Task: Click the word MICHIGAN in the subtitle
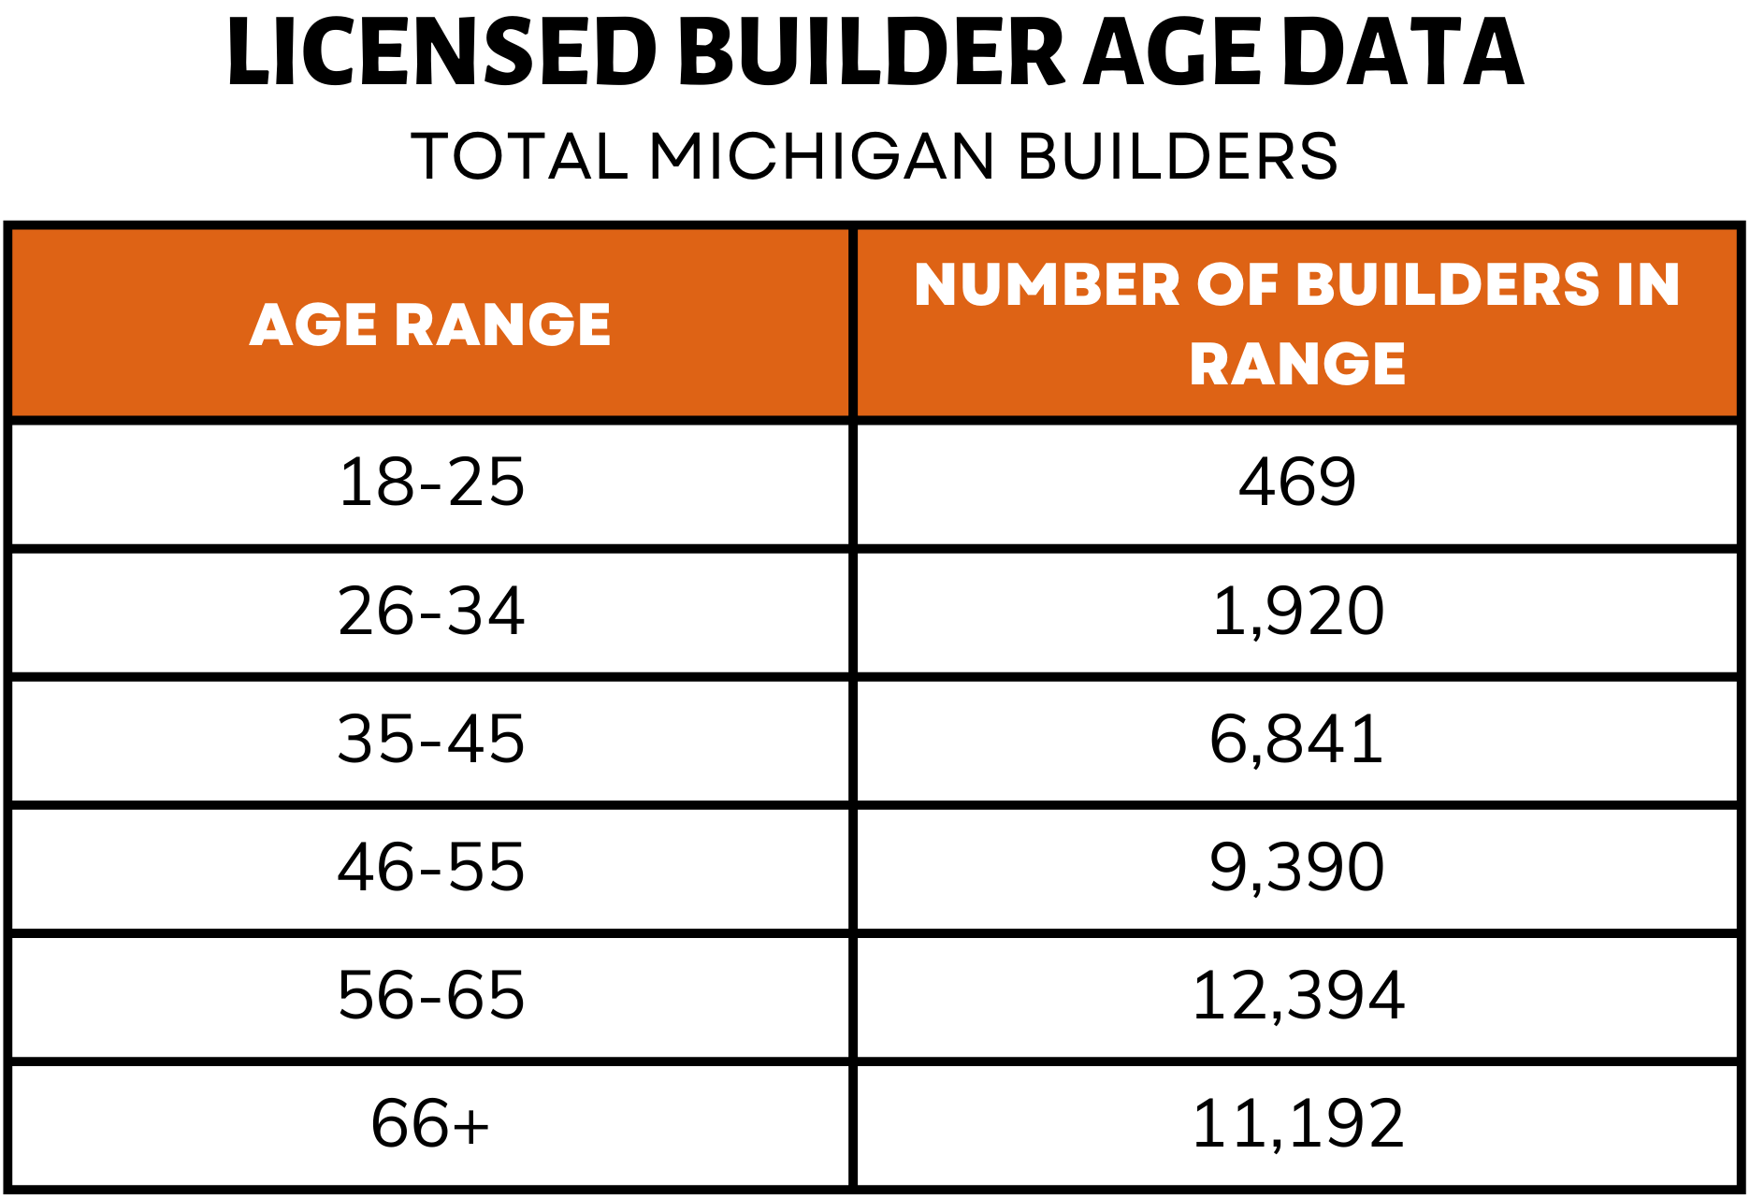coord(822,156)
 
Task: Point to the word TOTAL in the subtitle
coord(520,156)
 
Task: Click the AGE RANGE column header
coord(430,325)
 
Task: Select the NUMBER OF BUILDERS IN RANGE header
coord(1297,324)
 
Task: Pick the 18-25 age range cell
coord(431,484)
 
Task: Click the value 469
coord(1297,484)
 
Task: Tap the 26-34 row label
coord(431,612)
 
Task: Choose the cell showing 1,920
coord(1297,612)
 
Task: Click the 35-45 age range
coord(431,740)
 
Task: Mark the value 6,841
coord(1297,740)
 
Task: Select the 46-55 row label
coord(431,868)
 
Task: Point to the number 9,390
coord(1297,868)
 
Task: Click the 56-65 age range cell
coord(431,996)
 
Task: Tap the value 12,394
coord(1297,996)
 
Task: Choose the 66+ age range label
coord(431,1124)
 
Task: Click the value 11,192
coord(1297,1124)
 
